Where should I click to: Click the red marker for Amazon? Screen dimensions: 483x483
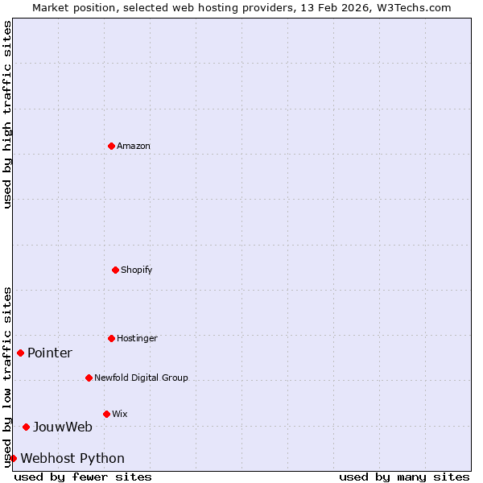[111, 146]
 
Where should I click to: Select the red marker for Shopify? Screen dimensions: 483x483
[115, 270]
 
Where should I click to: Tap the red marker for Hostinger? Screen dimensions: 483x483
[111, 338]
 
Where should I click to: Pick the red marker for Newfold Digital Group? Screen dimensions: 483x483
[89, 378]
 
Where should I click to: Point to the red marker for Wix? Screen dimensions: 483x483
[106, 414]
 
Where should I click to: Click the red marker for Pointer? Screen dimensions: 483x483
[20, 353]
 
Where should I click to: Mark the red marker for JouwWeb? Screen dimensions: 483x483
[26, 427]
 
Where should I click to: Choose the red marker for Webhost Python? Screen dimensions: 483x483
[13, 458]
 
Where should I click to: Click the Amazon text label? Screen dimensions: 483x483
[134, 146]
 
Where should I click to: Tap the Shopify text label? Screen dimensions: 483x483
[137, 270]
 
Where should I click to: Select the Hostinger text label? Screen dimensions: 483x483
[137, 338]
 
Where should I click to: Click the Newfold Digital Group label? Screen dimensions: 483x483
[141, 378]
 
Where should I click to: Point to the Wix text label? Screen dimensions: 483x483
[119, 414]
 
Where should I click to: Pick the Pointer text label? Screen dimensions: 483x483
[50, 353]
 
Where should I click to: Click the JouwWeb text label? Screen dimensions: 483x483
[62, 427]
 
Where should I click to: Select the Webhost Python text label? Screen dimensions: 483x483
[72, 458]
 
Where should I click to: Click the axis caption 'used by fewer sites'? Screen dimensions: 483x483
[83, 477]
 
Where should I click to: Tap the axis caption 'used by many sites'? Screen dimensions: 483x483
[404, 477]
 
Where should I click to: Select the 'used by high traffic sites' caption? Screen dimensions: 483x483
[7, 114]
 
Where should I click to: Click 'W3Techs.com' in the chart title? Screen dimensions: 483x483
[411, 7]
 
